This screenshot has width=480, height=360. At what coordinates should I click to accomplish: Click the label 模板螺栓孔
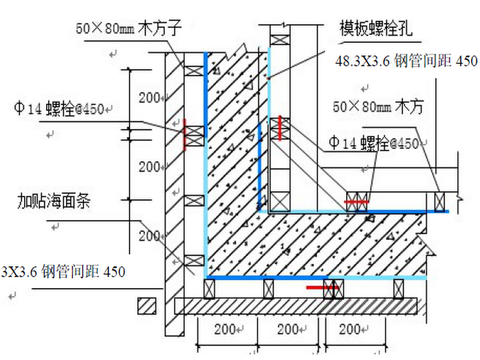coord(376,28)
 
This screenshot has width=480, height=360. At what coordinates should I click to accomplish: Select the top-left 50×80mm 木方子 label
coord(129,28)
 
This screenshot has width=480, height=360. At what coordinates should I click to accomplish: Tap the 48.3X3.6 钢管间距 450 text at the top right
coord(406,61)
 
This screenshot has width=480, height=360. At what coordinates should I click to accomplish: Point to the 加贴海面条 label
coord(54,201)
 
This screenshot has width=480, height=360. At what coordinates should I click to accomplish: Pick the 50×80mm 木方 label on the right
coord(378,107)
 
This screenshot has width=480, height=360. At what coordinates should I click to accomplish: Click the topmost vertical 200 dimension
coord(150,98)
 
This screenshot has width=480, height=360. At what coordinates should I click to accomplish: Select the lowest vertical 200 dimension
coord(150,236)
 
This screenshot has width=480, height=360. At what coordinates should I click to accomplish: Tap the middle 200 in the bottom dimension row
coord(288,330)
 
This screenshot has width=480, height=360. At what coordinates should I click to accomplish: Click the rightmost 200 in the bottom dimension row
coord(350,330)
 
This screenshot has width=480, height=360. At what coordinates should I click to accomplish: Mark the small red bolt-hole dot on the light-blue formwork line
coord(269,79)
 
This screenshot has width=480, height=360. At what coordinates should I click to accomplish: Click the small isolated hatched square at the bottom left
coord(147,306)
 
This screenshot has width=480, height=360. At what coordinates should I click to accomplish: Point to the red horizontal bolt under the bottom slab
coord(322,287)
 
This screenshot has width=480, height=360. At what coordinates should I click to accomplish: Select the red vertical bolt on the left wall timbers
coord(184,135)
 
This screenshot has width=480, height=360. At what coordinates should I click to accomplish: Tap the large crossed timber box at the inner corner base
coord(280,201)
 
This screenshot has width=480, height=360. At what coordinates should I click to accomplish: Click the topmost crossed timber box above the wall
coord(280,40)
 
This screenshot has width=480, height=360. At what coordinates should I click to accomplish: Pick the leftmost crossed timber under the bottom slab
coord(210,289)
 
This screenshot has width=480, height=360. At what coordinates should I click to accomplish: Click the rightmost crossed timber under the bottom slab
coord(399,289)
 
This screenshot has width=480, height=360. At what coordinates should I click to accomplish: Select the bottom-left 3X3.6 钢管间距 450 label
coord(63,272)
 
